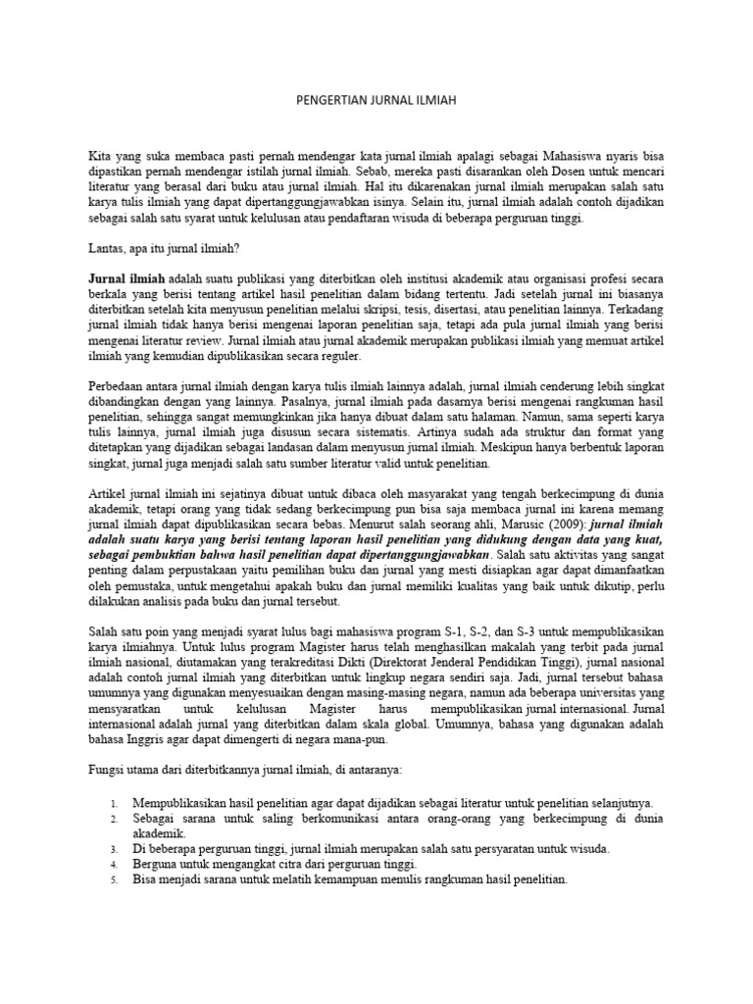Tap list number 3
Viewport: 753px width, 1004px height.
coord(114,849)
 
